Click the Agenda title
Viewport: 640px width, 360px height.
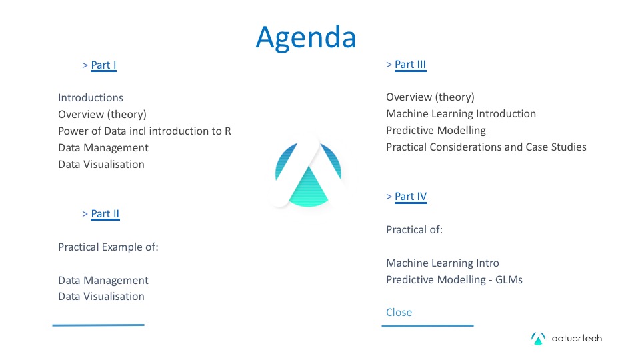(x=306, y=38)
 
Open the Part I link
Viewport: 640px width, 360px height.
(x=103, y=65)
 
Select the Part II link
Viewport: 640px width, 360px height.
(x=105, y=214)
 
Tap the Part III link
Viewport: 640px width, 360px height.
(x=410, y=65)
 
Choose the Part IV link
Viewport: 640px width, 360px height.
(x=411, y=197)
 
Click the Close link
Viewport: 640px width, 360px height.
(x=399, y=312)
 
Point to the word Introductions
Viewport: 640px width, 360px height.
(x=91, y=98)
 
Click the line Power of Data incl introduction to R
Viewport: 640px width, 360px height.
(x=145, y=131)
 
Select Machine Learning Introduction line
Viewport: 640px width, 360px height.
(x=461, y=114)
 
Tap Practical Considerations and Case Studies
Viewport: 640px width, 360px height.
(x=486, y=147)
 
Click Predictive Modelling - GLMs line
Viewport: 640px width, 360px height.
(x=454, y=279)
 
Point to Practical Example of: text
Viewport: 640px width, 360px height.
(x=108, y=247)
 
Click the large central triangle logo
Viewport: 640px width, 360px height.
(x=308, y=173)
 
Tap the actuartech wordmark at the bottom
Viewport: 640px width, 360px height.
(x=577, y=339)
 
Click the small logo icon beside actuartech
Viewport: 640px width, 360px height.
(x=538, y=339)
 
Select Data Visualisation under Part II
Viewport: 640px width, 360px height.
(x=101, y=296)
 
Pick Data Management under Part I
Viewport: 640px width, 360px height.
(x=103, y=148)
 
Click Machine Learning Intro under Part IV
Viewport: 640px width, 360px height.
(x=443, y=263)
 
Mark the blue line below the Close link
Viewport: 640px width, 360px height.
(x=428, y=326)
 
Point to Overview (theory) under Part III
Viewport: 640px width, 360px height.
(x=430, y=97)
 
